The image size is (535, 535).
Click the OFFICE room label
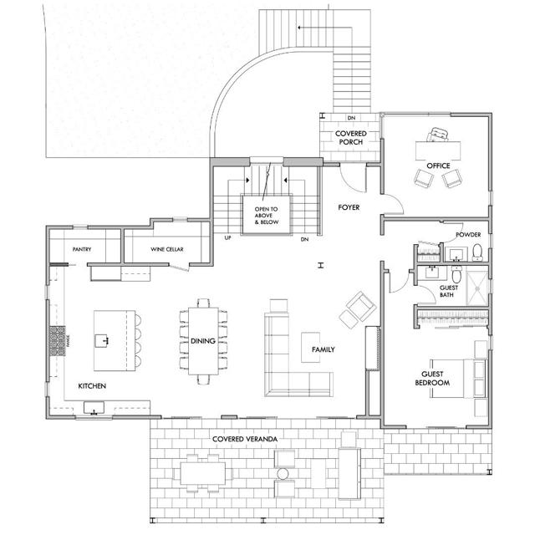[x=438, y=166]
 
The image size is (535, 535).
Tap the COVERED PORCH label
[x=349, y=137]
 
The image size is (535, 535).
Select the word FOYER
[x=349, y=206]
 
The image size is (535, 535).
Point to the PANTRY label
[x=81, y=248]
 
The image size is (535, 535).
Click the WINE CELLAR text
[x=167, y=248]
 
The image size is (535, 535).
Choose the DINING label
[x=202, y=340]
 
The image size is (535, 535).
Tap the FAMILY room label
[x=323, y=349]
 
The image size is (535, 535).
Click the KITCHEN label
[x=91, y=386]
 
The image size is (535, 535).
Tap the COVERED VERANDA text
[x=244, y=438]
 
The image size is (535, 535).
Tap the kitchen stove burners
[x=57, y=340]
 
